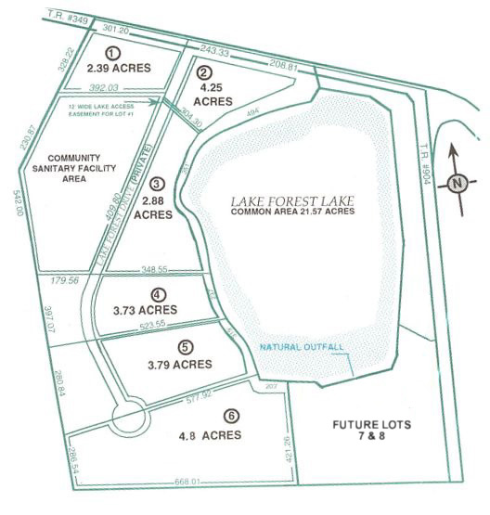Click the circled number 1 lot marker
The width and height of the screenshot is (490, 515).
point(112,53)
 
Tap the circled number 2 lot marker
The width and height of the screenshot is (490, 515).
point(205,72)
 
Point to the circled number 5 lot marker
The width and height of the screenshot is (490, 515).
point(186,347)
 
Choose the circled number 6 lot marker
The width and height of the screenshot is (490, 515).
point(205,418)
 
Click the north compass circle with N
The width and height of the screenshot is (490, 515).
point(457,183)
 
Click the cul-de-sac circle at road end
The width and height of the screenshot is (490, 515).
point(125,417)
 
